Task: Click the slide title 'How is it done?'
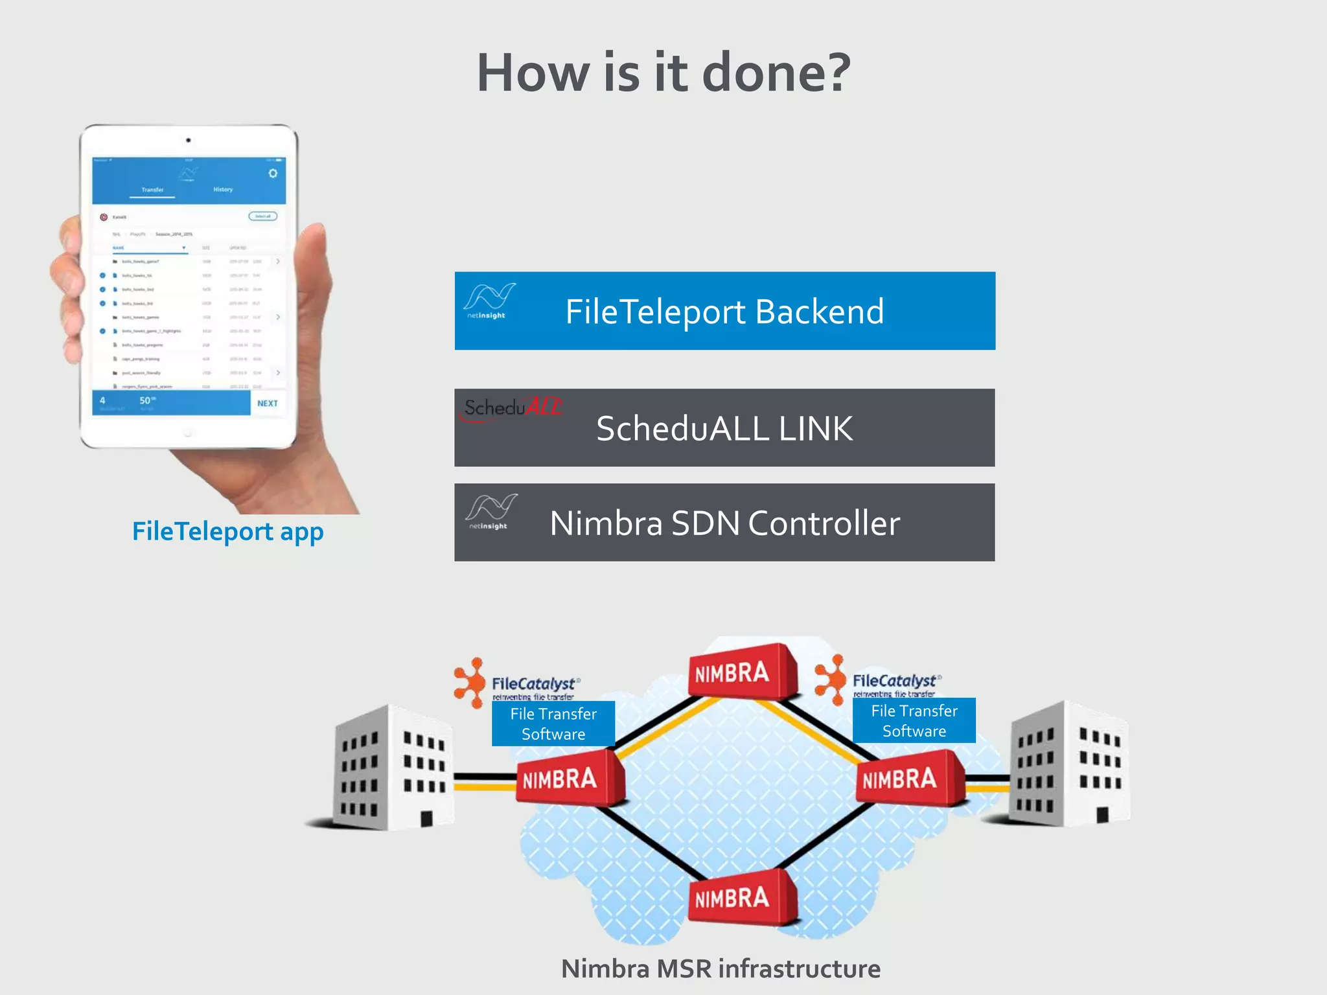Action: click(663, 73)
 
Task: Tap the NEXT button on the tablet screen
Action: click(267, 403)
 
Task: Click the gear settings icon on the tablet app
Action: click(273, 174)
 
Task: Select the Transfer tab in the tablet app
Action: click(152, 190)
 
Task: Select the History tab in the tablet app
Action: click(223, 190)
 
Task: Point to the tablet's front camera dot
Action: click(189, 140)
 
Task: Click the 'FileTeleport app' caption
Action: click(227, 532)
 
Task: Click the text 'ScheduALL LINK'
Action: click(724, 429)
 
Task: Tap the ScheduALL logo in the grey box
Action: click(512, 408)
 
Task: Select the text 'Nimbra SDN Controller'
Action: click(724, 523)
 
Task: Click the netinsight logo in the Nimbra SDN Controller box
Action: click(490, 512)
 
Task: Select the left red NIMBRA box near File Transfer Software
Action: click(568, 778)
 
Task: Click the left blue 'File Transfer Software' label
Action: click(553, 724)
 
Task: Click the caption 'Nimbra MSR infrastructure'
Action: click(721, 969)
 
